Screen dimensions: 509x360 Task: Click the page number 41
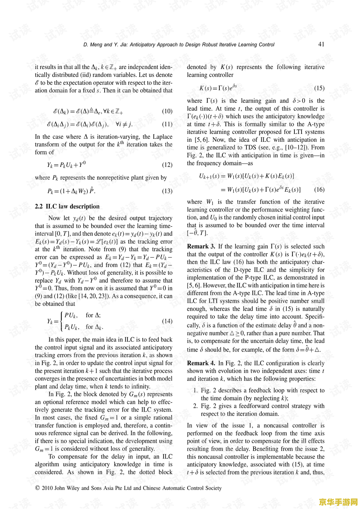click(321, 44)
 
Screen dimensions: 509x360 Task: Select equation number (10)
click(167, 111)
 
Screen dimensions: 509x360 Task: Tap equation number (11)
click(167, 124)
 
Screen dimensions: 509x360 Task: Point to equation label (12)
click(167, 165)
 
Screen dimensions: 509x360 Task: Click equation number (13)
click(167, 191)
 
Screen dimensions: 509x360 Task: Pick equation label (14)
click(167, 321)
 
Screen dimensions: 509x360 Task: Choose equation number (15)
click(319, 88)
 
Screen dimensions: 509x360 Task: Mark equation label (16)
click(319, 189)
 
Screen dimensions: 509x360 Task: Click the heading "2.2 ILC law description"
click(67, 206)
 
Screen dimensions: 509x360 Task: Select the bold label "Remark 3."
click(201, 246)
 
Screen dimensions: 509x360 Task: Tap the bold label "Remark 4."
click(201, 363)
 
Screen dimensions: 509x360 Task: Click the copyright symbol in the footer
click(37, 488)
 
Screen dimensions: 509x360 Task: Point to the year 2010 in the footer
click(47, 488)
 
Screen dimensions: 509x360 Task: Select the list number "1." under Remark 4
click(195, 390)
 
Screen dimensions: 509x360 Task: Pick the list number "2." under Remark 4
click(195, 406)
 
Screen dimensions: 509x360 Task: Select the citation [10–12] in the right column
click(297, 147)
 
